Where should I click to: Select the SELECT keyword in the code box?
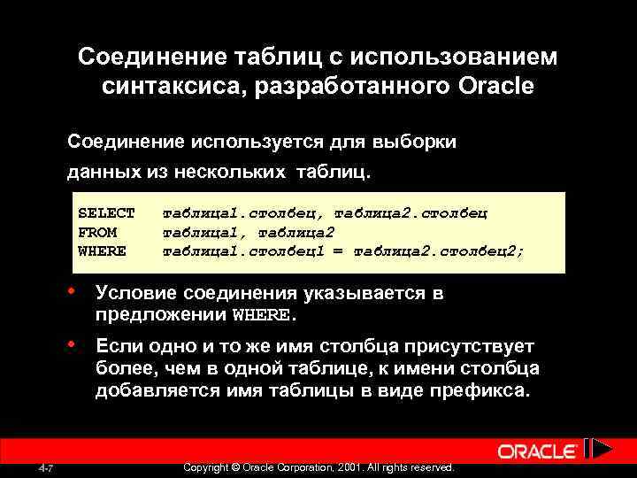106,213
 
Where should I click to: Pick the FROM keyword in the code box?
97,232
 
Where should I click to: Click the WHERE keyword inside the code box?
102,251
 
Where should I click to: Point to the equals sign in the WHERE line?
341,251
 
